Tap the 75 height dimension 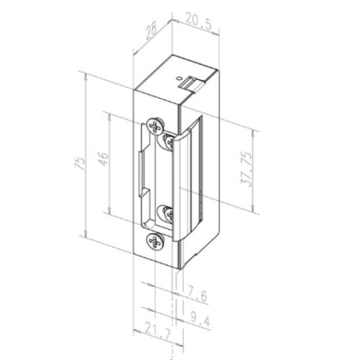tap(81, 164)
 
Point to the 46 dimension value tap(104, 158)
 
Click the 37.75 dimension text tap(247, 169)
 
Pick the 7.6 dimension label tap(195, 296)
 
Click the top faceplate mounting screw tap(156, 125)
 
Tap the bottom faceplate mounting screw tap(155, 240)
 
